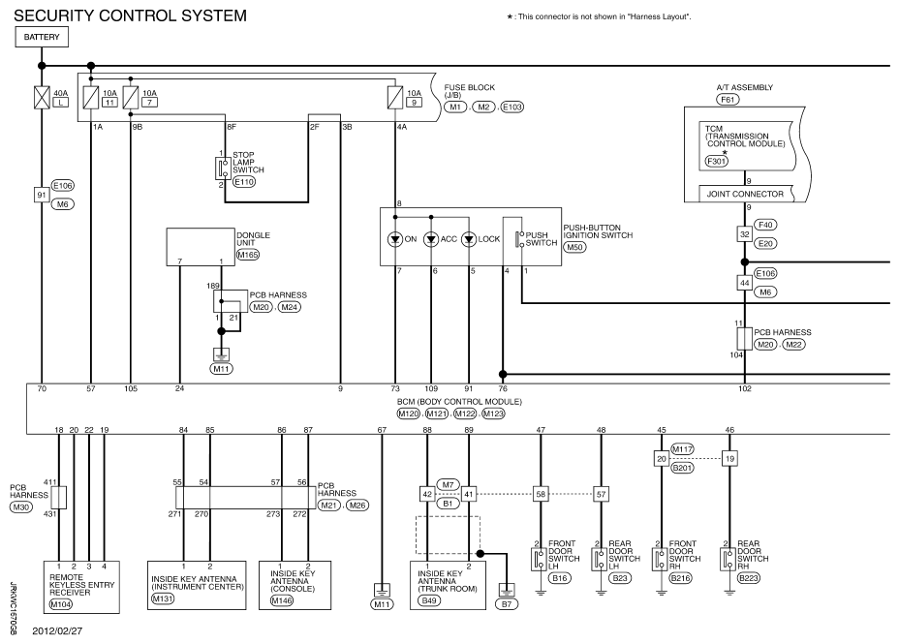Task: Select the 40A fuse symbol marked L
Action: click(42, 97)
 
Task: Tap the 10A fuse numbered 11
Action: click(90, 97)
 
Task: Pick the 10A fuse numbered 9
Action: click(394, 97)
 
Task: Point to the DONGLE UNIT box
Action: click(201, 246)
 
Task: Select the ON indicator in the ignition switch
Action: click(395, 237)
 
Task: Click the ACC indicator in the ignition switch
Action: click(431, 237)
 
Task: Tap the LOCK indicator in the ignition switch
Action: click(470, 237)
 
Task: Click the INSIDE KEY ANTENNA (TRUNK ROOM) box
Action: click(448, 583)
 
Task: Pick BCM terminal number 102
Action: click(744, 389)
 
